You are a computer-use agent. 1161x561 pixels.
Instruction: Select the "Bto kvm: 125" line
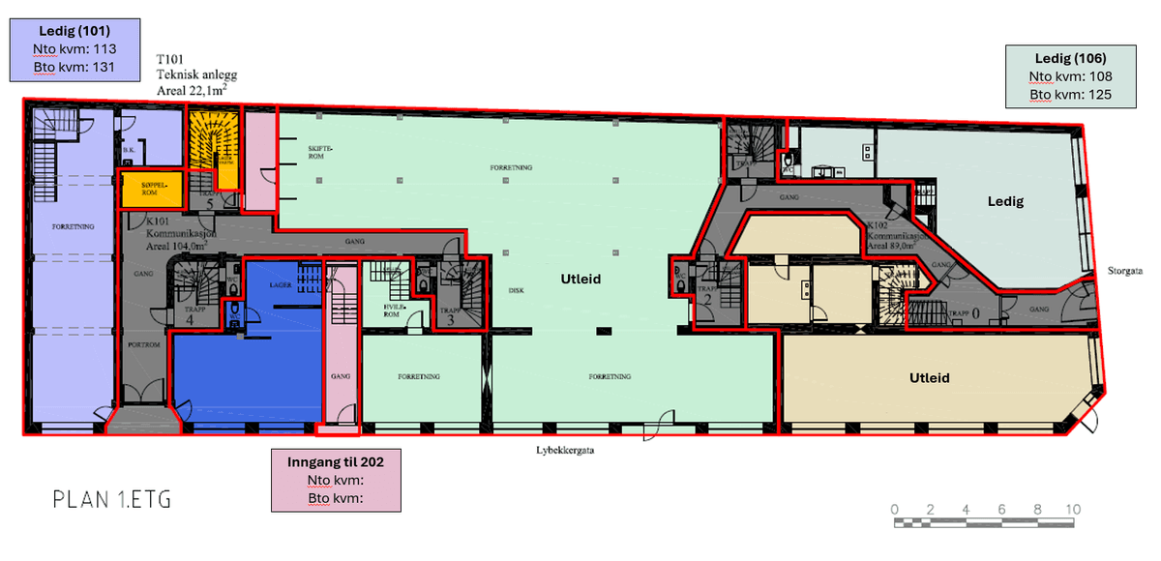tap(1070, 95)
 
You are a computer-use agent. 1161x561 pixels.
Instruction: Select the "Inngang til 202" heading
tap(336, 462)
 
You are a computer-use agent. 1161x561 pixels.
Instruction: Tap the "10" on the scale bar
tap(1072, 510)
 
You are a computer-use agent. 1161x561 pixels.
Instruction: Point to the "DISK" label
tap(516, 289)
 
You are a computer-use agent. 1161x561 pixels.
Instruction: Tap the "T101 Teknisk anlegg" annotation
tap(196, 74)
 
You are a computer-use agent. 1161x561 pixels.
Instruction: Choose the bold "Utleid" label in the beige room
tap(929, 377)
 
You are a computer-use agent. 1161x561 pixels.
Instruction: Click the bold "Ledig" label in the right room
tap(1005, 201)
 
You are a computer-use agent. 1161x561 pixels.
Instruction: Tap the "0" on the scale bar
tap(894, 510)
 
